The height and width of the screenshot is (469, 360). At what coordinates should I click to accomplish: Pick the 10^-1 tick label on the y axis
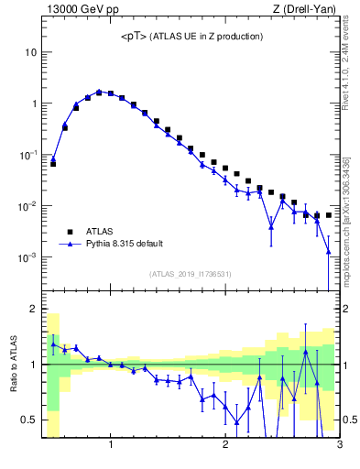point(27,155)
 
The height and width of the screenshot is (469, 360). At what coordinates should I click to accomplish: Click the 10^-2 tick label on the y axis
point(27,206)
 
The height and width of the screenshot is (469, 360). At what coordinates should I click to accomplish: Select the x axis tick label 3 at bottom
point(339,446)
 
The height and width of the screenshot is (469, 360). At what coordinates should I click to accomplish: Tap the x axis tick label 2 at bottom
point(225,446)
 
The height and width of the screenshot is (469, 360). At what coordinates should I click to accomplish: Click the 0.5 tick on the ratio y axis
point(29,420)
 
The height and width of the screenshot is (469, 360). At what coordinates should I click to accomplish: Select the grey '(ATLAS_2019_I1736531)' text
point(191,274)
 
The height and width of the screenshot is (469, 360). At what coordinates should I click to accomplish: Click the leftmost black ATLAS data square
point(53,163)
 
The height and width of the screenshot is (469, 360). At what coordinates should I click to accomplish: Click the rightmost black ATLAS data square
point(328,215)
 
